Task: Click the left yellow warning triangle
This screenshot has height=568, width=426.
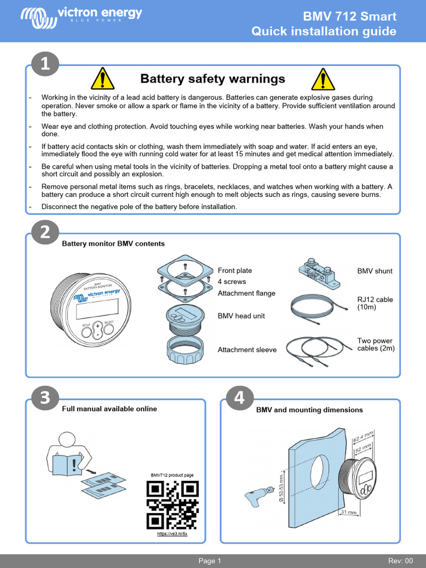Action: (x=103, y=79)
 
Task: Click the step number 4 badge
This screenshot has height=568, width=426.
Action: (x=239, y=397)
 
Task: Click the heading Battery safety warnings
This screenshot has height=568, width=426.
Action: (x=212, y=79)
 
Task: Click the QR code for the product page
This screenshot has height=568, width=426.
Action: (x=172, y=504)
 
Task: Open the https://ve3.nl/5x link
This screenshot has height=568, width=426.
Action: (x=173, y=534)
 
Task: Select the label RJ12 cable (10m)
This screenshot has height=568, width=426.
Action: (x=375, y=303)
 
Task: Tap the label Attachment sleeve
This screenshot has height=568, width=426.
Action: (x=247, y=350)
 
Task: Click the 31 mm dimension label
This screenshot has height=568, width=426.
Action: (x=348, y=512)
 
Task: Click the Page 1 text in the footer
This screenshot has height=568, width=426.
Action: (x=210, y=561)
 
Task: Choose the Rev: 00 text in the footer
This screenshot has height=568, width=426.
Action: (x=400, y=561)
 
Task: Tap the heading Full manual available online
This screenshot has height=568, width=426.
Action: (x=109, y=409)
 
